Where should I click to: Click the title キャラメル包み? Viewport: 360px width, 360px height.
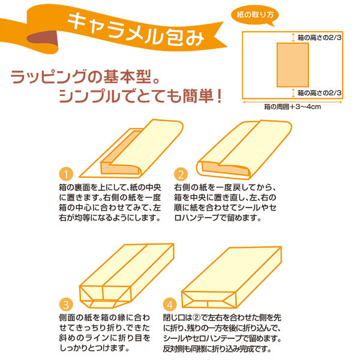click(136, 26)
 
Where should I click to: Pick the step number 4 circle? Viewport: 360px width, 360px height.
click(170, 304)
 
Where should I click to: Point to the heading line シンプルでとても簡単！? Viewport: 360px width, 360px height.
click(139, 96)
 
